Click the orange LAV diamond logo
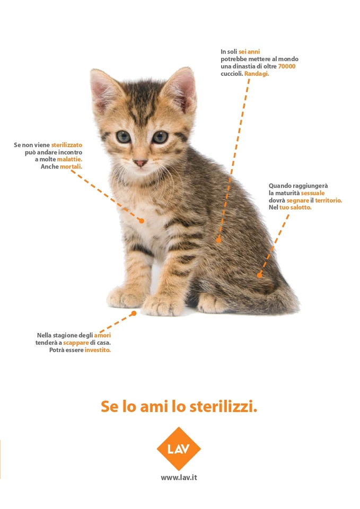point(179,449)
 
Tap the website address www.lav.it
point(179,477)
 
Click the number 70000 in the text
point(286,66)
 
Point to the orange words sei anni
point(249,51)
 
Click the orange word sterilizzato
point(67,144)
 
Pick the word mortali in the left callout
point(71,166)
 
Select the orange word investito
point(98,350)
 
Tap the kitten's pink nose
point(140,163)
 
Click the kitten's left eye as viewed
point(124,137)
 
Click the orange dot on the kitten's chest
point(142,220)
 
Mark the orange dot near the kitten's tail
point(259,275)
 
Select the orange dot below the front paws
point(134,313)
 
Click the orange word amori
point(102,335)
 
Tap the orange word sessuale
point(313,193)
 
